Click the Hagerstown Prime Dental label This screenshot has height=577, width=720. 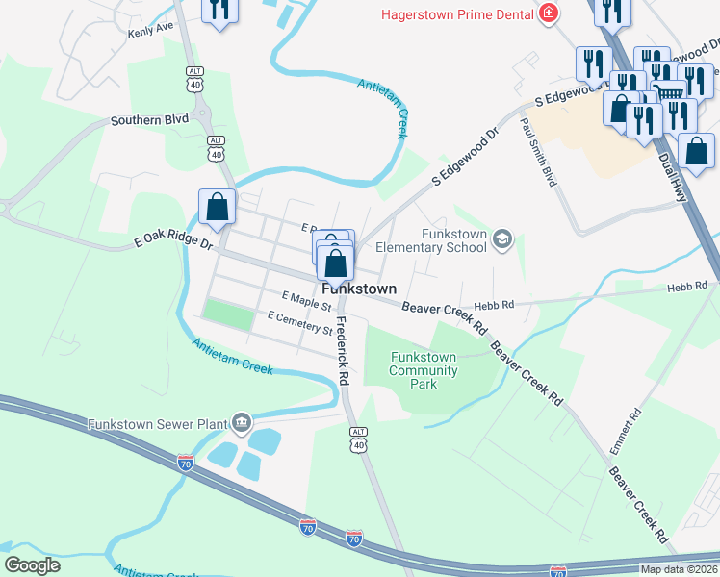tap(457, 14)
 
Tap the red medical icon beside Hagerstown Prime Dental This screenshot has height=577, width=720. tap(549, 13)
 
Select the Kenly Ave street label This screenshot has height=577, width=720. tap(150, 31)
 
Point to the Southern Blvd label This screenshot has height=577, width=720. tap(148, 121)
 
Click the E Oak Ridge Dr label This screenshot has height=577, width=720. tap(173, 242)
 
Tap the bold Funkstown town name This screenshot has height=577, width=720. tap(359, 288)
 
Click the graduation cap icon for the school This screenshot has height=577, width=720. tap(502, 238)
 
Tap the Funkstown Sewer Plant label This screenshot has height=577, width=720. tap(155, 424)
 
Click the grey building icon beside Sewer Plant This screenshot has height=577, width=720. tap(242, 422)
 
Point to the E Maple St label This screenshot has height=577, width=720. tap(306, 301)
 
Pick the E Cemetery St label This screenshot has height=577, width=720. tap(299, 323)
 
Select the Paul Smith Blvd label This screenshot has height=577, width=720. tap(537, 152)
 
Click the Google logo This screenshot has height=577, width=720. tap(33, 564)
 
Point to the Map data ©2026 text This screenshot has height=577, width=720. tap(678, 569)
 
